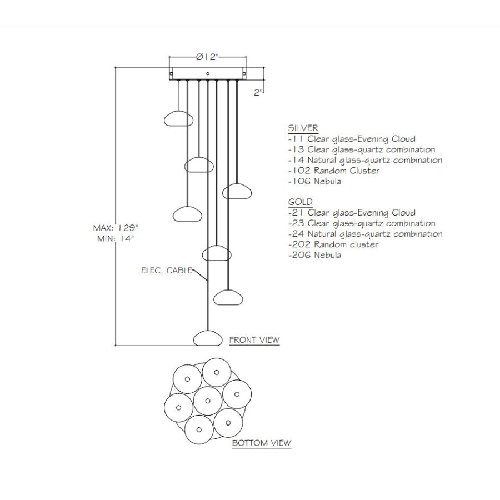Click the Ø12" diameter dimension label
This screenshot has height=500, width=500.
tap(208, 57)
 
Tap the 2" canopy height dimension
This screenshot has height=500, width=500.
tap(258, 92)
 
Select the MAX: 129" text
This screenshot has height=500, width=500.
tap(116, 228)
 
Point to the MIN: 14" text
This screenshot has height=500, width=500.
tap(116, 238)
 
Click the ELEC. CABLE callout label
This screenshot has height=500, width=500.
tap(167, 271)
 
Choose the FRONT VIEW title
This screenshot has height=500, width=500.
tap(254, 340)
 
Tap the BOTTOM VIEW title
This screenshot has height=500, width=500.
tap(262, 443)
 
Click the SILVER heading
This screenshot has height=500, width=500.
tap(303, 128)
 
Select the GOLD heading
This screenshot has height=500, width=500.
tap(301, 202)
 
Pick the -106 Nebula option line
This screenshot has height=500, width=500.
tap(314, 182)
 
